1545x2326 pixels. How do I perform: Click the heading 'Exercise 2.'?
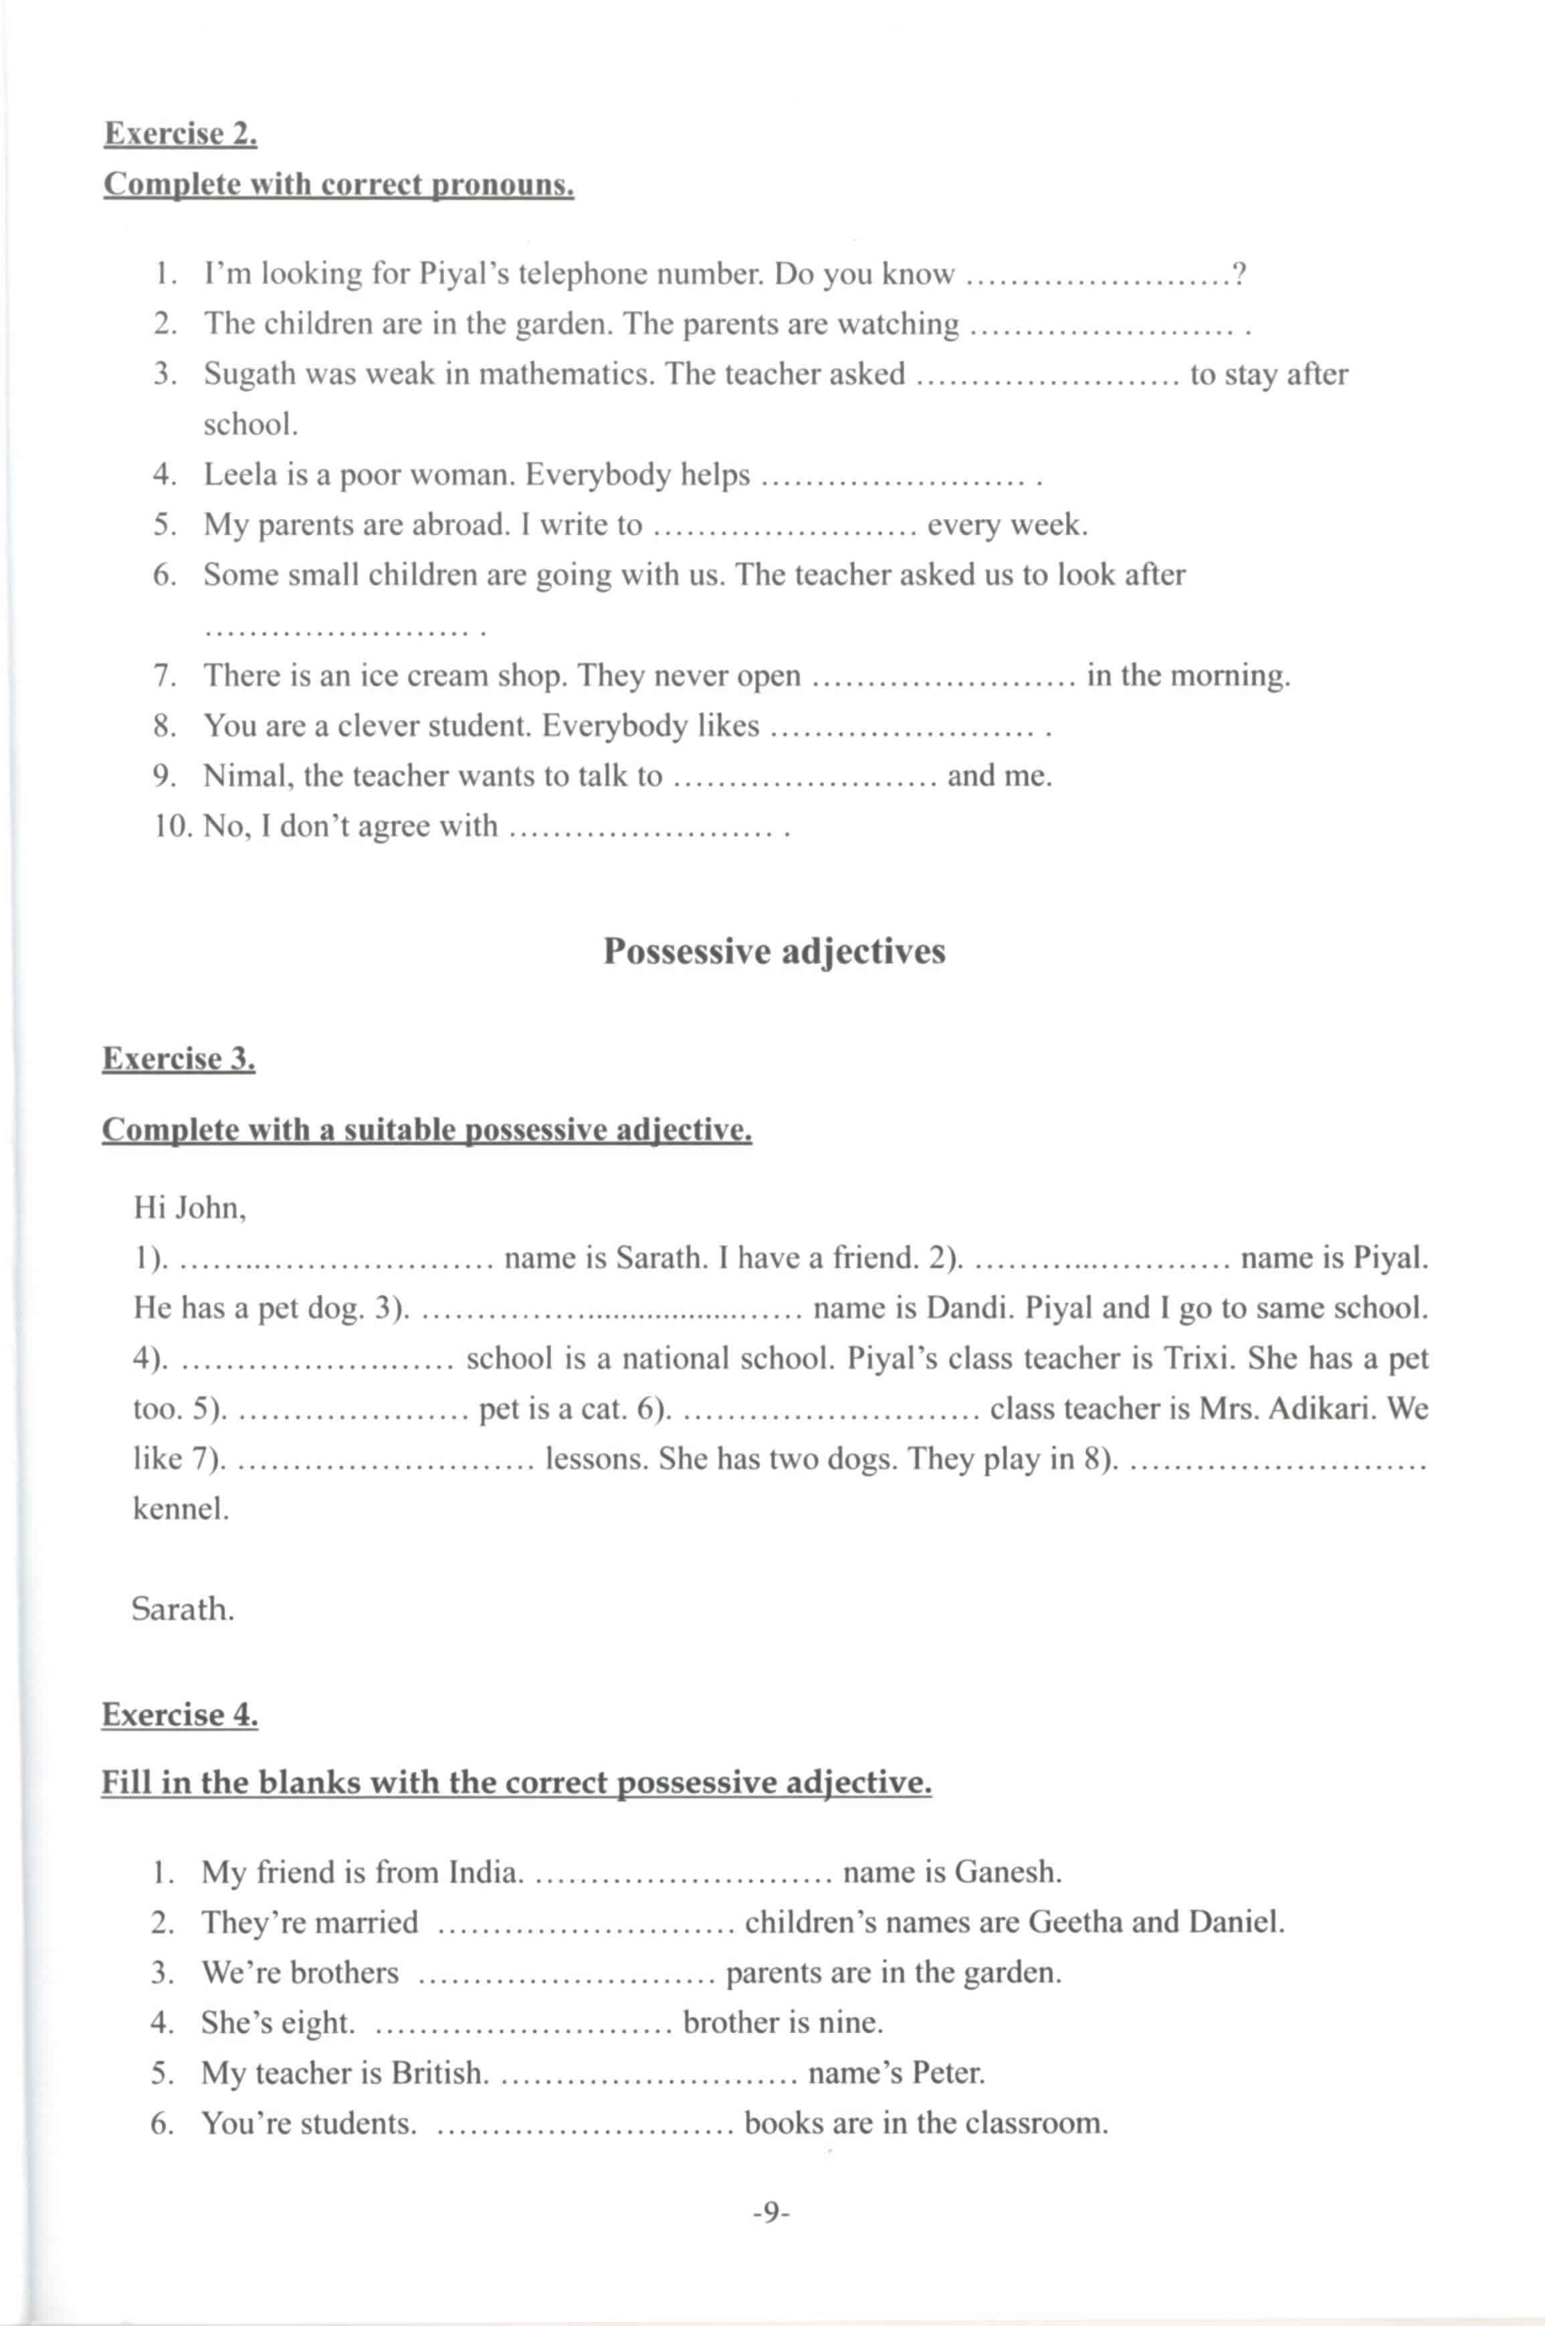tap(181, 133)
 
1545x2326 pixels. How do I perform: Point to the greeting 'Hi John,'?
tap(190, 1207)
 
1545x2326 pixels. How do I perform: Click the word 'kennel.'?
tap(181, 1508)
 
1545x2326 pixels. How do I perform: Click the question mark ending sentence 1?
tap(1239, 274)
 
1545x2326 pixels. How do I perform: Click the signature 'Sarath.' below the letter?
tap(183, 1609)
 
